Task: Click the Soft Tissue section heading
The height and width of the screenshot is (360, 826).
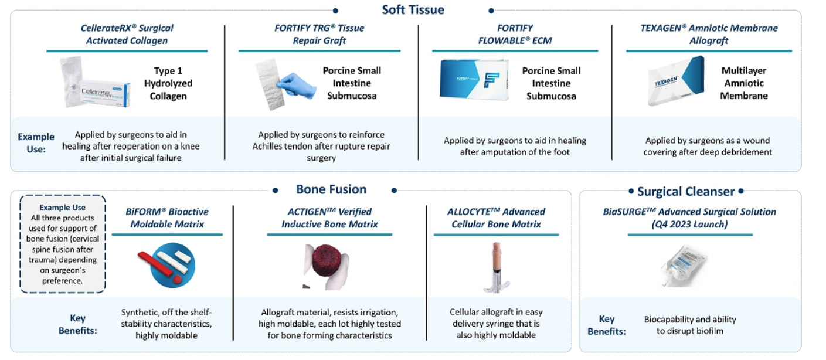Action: pos(413,9)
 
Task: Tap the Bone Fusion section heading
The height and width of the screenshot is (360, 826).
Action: pos(331,189)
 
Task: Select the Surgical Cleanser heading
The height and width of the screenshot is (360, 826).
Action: pos(685,191)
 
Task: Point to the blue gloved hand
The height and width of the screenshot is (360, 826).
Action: pos(297,87)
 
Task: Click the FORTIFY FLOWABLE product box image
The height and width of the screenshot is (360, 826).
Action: pos(474,79)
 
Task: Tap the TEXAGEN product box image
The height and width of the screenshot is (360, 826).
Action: pos(675,82)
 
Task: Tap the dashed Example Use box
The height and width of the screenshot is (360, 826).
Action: pos(62,243)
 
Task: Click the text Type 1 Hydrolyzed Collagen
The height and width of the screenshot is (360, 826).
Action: pos(168,83)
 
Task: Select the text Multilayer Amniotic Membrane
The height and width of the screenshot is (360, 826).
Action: pos(744,83)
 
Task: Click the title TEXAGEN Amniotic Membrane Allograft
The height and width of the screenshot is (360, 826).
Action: pos(709,34)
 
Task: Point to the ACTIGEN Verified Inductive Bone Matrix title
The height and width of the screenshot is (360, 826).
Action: pos(329,218)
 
